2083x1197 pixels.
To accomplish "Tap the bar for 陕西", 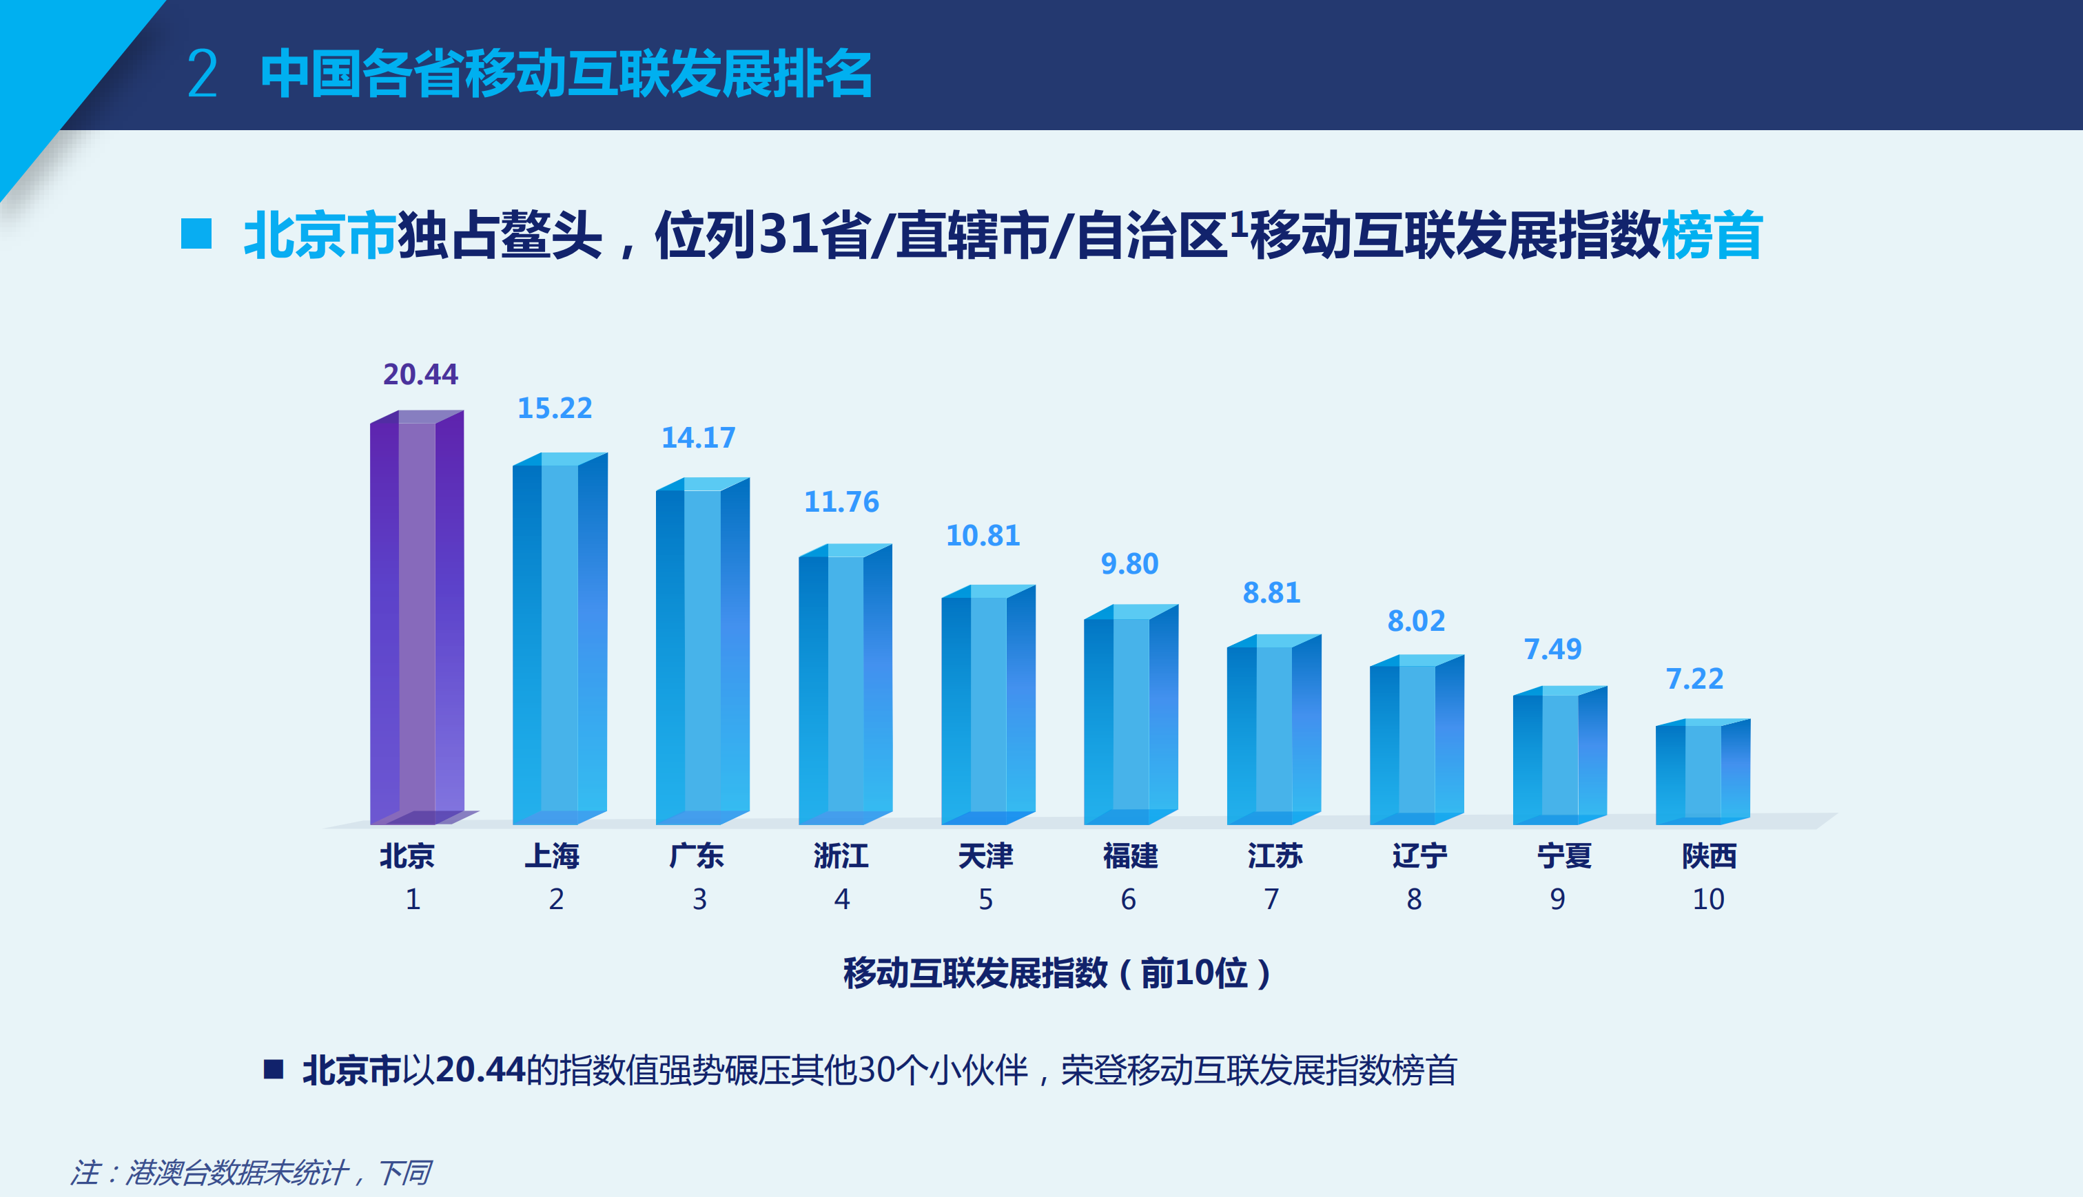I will point(1702,772).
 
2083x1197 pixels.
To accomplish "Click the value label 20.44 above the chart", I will point(420,375).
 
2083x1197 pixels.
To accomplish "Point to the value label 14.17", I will point(698,438).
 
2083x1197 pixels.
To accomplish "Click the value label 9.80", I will point(1129,565).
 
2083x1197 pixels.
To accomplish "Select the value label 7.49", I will point(1552,650).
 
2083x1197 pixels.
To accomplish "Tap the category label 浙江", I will point(841,857).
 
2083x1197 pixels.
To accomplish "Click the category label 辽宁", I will point(1419,857).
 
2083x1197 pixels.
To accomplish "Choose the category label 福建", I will point(1130,857).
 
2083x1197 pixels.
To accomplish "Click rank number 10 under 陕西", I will point(1708,899).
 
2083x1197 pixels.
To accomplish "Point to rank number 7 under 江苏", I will point(1271,899).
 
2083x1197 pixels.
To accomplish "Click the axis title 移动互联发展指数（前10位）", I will point(1057,973).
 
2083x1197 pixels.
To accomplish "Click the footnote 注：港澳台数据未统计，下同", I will point(250,1172).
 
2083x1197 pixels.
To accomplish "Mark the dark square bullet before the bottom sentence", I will point(273,1069).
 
